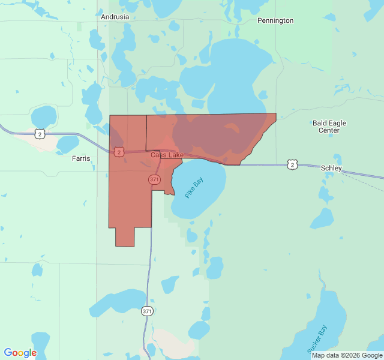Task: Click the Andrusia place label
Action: [115, 17]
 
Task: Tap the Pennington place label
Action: [275, 20]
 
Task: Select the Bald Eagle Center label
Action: [329, 127]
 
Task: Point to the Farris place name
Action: [81, 159]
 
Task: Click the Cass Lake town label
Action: [167, 155]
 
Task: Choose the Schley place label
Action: [331, 169]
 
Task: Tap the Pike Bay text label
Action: [194, 188]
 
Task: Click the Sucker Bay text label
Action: [317, 338]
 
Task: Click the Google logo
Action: [20, 353]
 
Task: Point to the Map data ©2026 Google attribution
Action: [347, 355]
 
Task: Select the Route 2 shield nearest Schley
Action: [292, 164]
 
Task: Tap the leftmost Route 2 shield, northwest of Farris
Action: [40, 134]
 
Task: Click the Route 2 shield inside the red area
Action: [119, 152]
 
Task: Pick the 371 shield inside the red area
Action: [154, 179]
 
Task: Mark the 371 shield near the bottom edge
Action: [148, 311]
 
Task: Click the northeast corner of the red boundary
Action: [275, 113]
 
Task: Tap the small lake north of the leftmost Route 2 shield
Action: [43, 116]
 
